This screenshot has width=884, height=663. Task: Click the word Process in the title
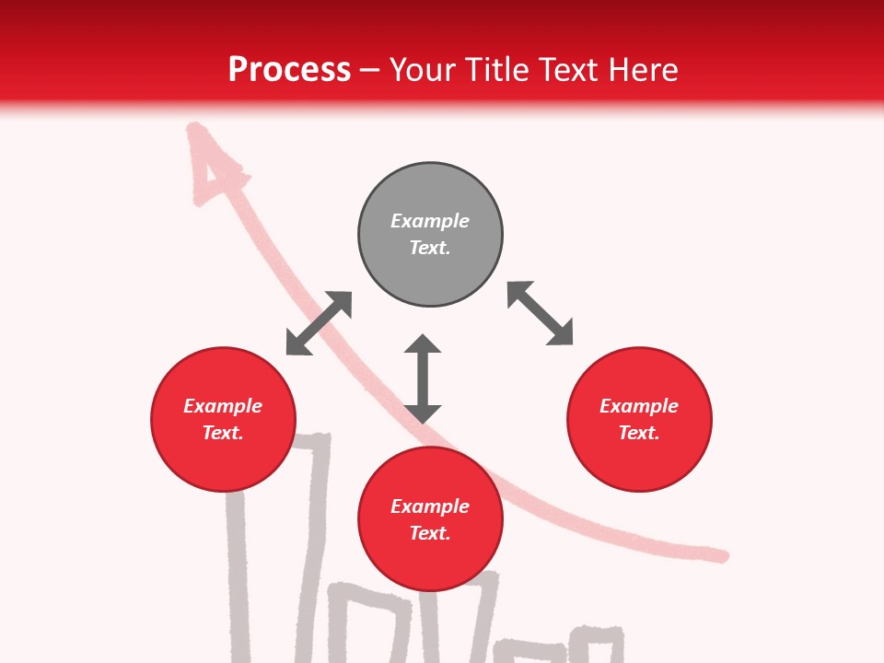(x=289, y=69)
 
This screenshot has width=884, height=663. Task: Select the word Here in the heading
(x=642, y=69)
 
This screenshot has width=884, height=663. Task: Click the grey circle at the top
(x=430, y=234)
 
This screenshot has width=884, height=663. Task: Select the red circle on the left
(x=223, y=419)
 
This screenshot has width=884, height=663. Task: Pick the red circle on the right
(x=639, y=419)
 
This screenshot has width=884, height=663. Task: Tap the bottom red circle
(x=430, y=519)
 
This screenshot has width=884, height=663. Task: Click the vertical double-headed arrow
(x=423, y=378)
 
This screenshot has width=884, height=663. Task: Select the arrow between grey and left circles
(x=319, y=323)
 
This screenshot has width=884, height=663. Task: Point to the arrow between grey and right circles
(x=540, y=313)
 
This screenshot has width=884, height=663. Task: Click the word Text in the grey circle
(x=429, y=248)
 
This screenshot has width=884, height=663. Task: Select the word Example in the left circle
(x=223, y=406)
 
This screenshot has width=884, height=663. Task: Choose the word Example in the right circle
(x=639, y=406)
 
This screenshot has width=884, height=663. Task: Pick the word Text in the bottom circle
(x=429, y=533)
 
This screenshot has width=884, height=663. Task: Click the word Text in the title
(x=571, y=69)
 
